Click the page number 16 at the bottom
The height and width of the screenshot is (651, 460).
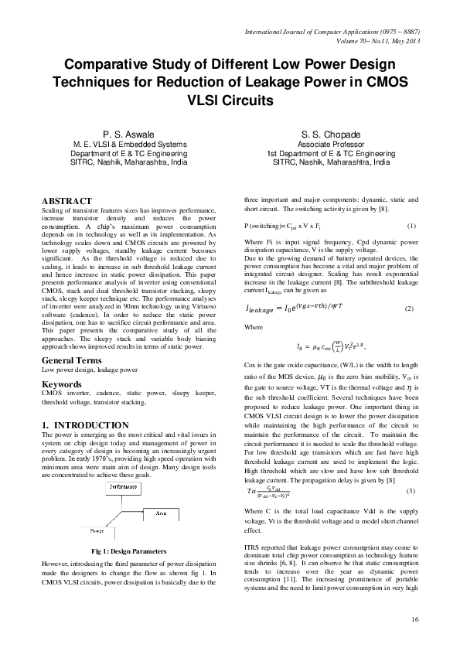pos(415,620)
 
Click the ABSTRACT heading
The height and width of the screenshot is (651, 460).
pos(66,200)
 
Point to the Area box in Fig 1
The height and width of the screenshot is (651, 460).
pos(161,513)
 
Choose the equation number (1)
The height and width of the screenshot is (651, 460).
pos(411,226)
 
